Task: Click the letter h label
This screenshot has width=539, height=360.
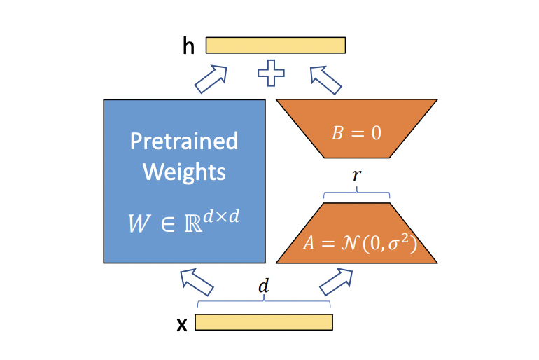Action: point(188,46)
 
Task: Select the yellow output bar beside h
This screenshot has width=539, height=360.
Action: point(275,45)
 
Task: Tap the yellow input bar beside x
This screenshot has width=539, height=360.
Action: point(263,322)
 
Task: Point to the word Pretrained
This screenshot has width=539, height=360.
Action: point(184,141)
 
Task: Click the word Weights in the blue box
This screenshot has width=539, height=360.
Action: point(184,172)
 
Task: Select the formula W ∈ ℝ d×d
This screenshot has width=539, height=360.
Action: point(184,221)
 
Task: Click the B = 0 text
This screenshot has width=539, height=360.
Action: point(356,132)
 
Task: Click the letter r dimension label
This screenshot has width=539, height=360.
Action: point(356,176)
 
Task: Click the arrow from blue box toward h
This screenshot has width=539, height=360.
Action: point(211,77)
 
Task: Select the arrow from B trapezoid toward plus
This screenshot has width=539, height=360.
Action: point(325,78)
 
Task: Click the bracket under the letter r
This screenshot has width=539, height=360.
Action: point(356,193)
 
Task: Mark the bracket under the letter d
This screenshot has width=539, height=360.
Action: point(263,303)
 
